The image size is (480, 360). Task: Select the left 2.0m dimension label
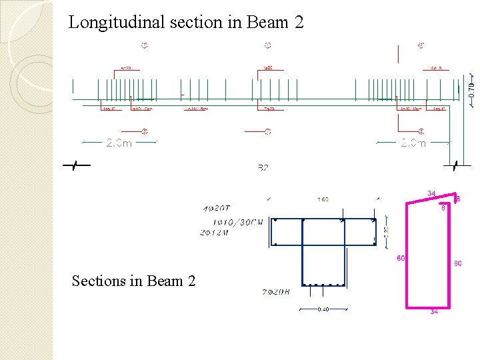pyautogui.click(x=119, y=143)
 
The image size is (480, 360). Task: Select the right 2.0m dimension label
pyautogui.click(x=413, y=143)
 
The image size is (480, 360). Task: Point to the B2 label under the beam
pyautogui.click(x=263, y=167)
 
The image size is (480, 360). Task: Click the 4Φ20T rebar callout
pyautogui.click(x=218, y=209)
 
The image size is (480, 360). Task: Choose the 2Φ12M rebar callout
pyautogui.click(x=214, y=232)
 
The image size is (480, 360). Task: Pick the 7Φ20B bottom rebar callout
pyautogui.click(x=276, y=292)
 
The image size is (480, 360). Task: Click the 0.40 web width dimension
pyautogui.click(x=323, y=309)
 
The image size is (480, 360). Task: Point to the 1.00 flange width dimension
pyautogui.click(x=323, y=199)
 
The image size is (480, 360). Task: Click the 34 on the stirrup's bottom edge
pyautogui.click(x=434, y=311)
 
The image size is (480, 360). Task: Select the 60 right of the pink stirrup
pyautogui.click(x=458, y=263)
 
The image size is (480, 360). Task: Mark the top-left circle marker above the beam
pyautogui.click(x=144, y=46)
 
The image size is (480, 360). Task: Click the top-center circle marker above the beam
pyautogui.click(x=268, y=46)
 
